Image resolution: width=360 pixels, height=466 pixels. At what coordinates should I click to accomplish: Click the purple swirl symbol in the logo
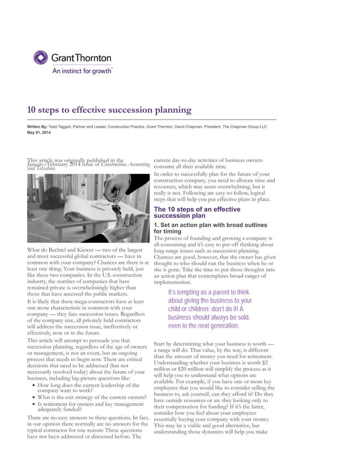click(x=41, y=58)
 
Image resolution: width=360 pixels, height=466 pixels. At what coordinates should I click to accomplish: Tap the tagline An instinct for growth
click(x=81, y=71)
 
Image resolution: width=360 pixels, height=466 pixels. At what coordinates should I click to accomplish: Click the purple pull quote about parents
click(x=208, y=309)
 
